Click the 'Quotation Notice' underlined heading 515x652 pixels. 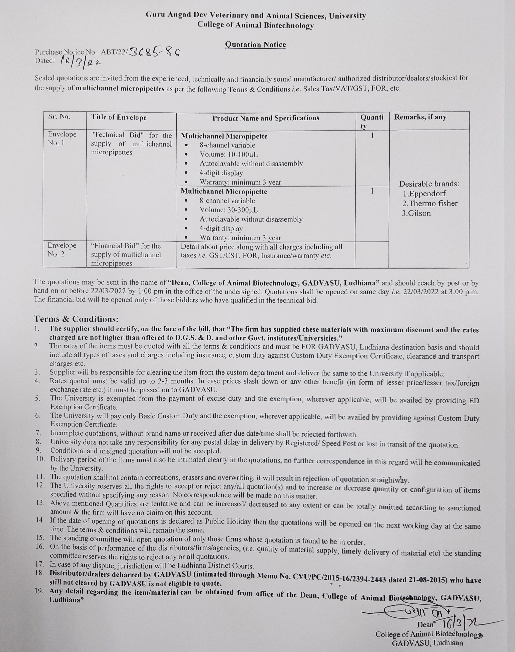(x=255, y=45)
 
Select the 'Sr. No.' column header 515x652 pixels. (x=59, y=117)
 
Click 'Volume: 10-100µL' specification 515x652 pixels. (x=229, y=155)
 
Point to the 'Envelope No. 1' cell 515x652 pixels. (x=62, y=139)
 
